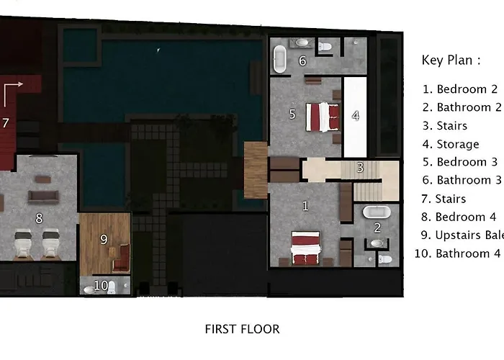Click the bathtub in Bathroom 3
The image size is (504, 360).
[x=279, y=59]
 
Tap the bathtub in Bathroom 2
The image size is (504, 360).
[x=377, y=212]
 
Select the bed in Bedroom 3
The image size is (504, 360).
[x=323, y=117]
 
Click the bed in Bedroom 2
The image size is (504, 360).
[x=306, y=248]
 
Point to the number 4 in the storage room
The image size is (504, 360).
[x=355, y=116]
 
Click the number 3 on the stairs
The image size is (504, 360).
[x=360, y=168]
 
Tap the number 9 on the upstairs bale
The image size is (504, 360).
[x=104, y=240]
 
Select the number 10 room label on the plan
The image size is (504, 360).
[x=101, y=285]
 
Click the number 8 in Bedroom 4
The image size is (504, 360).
[x=39, y=219]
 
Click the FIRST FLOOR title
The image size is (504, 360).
[x=243, y=329]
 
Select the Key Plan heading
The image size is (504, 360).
[x=451, y=60]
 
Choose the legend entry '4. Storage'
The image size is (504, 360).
[x=451, y=144]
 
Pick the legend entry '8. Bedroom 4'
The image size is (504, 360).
[x=459, y=217]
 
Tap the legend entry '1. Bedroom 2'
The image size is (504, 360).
[x=460, y=89]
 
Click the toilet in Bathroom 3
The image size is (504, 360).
[x=325, y=47]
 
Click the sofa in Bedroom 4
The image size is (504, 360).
[x=43, y=197]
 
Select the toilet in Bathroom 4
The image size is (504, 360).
[x=111, y=287]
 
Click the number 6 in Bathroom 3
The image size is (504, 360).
[x=302, y=60]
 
